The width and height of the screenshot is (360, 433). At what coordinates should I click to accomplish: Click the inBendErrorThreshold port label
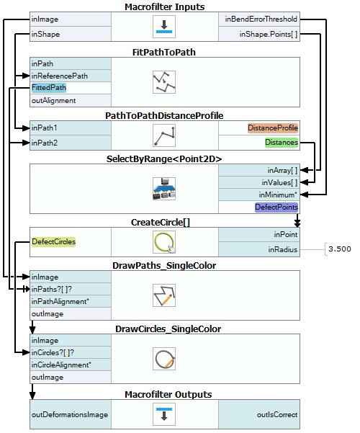[x=261, y=19]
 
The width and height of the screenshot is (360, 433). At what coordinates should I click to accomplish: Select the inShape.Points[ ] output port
[x=269, y=35]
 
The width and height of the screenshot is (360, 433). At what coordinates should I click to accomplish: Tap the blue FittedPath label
[x=49, y=88]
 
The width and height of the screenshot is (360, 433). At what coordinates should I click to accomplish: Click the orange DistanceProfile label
[x=273, y=128]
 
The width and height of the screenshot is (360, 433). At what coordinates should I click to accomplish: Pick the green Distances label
[x=282, y=143]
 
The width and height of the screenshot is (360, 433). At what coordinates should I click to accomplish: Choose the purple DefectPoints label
[x=276, y=207]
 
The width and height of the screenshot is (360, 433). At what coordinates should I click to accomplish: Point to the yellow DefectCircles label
[x=53, y=241]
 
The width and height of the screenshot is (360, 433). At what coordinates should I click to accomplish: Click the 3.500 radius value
[x=340, y=249]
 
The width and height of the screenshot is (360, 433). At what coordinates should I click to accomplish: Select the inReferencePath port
[x=59, y=76]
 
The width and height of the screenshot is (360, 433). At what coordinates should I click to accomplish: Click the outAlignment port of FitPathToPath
[x=53, y=101]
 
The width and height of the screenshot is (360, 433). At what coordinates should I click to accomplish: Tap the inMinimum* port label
[x=278, y=195]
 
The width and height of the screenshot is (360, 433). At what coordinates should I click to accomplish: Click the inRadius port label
[x=283, y=249]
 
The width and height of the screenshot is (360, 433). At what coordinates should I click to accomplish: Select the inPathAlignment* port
[x=60, y=301]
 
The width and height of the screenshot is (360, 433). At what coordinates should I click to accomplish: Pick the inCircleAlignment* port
[x=61, y=365]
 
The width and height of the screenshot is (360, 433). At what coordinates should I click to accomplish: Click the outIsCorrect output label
[x=277, y=414]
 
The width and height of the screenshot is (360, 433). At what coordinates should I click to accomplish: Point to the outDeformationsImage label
[x=70, y=414]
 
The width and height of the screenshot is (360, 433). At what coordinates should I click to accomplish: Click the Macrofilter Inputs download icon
[x=164, y=27]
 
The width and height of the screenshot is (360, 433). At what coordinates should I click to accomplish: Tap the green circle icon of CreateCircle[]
[x=164, y=242]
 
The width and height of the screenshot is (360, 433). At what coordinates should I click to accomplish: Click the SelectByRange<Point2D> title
[x=164, y=159]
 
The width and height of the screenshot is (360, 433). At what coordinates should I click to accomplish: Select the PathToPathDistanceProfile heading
[x=164, y=115]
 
